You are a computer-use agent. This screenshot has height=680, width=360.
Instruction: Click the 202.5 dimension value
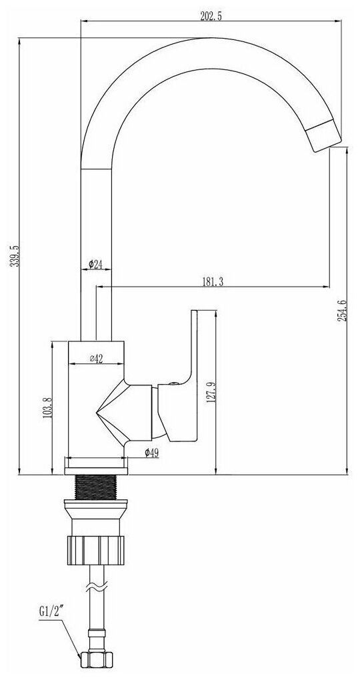pyautogui.click(x=211, y=17)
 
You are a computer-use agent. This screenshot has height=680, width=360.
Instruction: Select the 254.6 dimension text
pyautogui.click(x=342, y=311)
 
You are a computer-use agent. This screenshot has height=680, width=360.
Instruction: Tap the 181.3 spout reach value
pyautogui.click(x=212, y=282)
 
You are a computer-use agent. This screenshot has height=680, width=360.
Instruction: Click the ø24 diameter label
pyautogui.click(x=95, y=265)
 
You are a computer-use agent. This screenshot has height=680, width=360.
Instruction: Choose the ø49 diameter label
pyautogui.click(x=151, y=453)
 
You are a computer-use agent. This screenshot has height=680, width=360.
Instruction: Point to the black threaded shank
pyautogui.click(x=96, y=487)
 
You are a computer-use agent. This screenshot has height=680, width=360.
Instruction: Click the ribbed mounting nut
pyautogui.click(x=96, y=550)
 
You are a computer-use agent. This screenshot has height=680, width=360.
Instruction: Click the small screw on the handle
pyautogui.click(x=173, y=383)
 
